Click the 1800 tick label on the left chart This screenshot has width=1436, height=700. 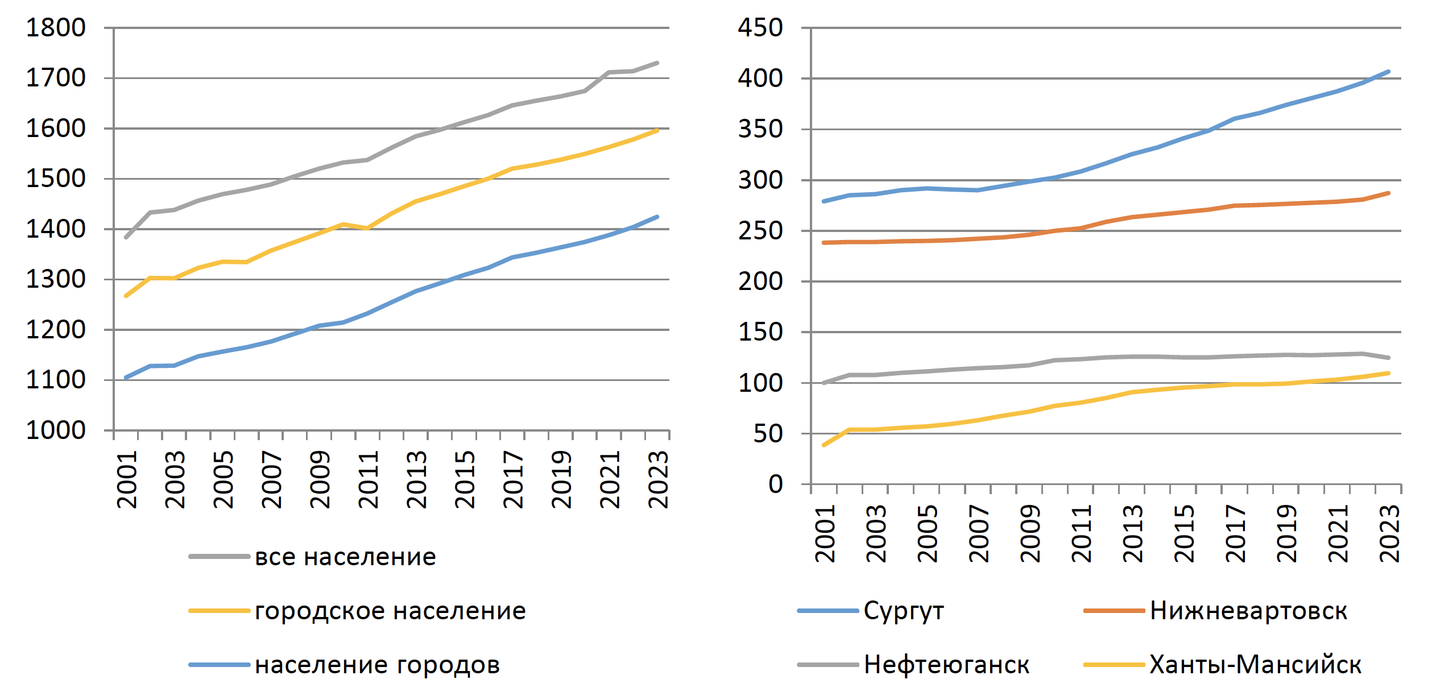[x=56, y=28]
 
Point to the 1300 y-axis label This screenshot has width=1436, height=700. [x=56, y=279]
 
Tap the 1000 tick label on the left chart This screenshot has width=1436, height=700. [x=56, y=430]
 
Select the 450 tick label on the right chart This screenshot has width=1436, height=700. [x=760, y=28]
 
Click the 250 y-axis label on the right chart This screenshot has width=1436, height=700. [x=760, y=231]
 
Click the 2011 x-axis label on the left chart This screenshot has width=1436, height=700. [x=369, y=479]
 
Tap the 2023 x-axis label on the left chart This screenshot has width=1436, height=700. [x=659, y=479]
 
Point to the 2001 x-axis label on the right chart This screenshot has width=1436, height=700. [x=825, y=533]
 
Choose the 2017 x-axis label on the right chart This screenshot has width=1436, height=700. [x=1236, y=533]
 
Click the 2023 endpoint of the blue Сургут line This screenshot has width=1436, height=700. [x=1389, y=72]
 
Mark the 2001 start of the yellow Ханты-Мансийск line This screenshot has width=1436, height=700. [x=824, y=445]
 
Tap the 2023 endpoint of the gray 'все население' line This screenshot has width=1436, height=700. [x=657, y=63]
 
